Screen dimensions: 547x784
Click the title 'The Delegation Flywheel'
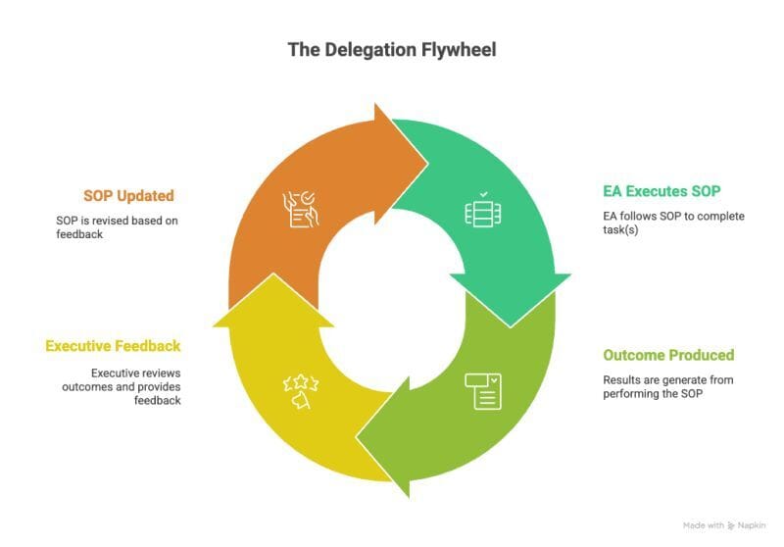391,49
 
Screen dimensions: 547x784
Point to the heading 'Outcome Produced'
668,355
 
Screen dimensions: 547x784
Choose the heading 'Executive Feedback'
113,346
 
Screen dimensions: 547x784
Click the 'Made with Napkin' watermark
723,525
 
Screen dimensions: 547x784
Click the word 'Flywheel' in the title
460,49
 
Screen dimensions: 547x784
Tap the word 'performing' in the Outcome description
628,393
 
